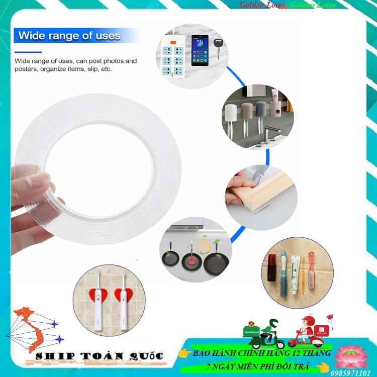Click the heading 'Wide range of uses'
(69, 36)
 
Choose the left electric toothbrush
(97, 301)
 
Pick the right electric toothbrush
(123, 301)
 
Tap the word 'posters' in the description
(25, 69)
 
